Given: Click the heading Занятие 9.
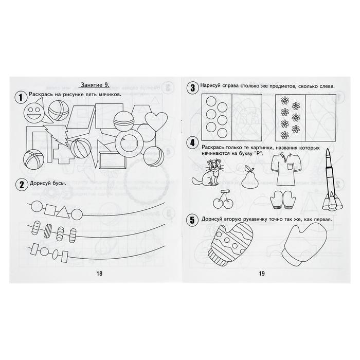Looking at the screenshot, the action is point(95,85).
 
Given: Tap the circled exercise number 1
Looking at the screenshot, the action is point(21,97).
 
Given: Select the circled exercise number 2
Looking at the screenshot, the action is point(22,185).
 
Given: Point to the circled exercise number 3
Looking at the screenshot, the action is point(192,88).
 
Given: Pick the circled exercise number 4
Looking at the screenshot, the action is point(192,143).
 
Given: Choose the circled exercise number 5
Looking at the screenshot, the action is point(192,221).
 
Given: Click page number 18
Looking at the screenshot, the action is point(99,273).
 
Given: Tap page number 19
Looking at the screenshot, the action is point(262,273).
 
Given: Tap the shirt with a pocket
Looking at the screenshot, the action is point(284,168).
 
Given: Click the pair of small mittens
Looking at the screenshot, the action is point(281,200).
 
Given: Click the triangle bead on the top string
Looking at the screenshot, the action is point(63,211).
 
